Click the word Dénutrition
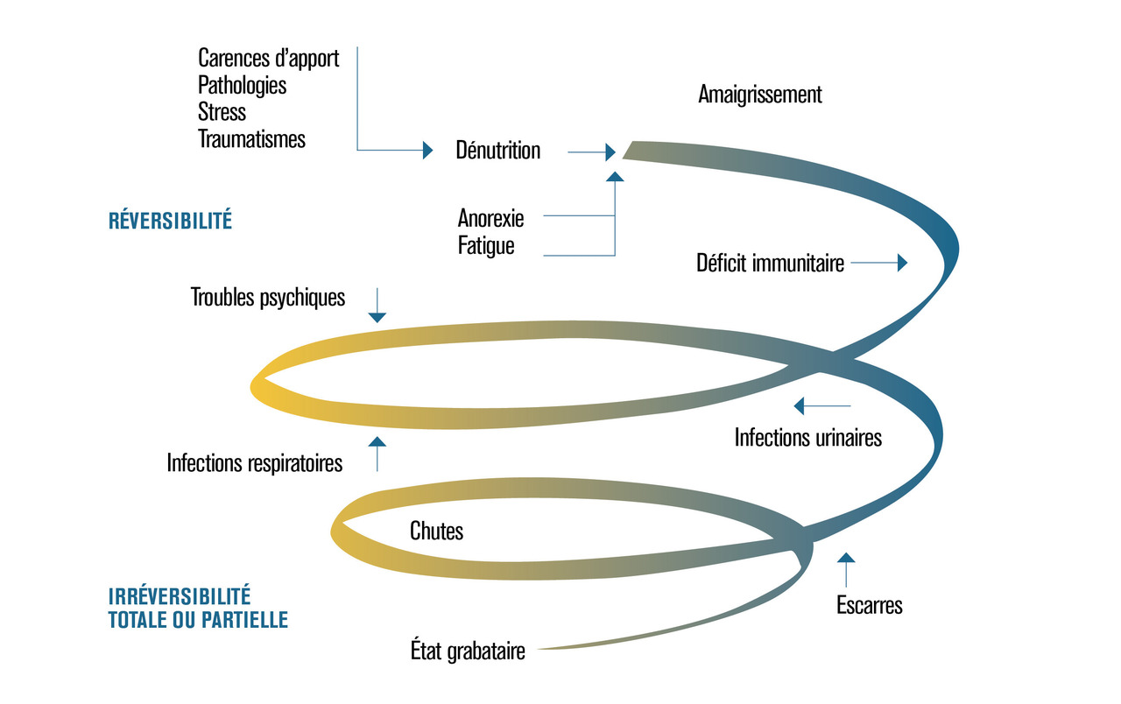(x=497, y=151)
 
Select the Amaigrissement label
(x=760, y=95)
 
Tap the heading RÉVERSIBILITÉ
(x=170, y=221)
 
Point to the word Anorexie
(x=490, y=216)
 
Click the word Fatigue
(x=486, y=246)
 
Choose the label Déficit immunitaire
(x=770, y=263)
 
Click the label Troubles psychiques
(x=268, y=298)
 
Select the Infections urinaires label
(x=807, y=437)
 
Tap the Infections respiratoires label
(x=255, y=462)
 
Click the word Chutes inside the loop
(x=436, y=531)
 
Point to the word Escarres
(x=869, y=604)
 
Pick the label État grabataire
(x=468, y=651)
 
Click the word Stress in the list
(x=222, y=112)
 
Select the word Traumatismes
(x=251, y=138)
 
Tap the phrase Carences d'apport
(x=268, y=59)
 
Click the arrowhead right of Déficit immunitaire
(x=902, y=263)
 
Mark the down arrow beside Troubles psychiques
(x=377, y=315)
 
